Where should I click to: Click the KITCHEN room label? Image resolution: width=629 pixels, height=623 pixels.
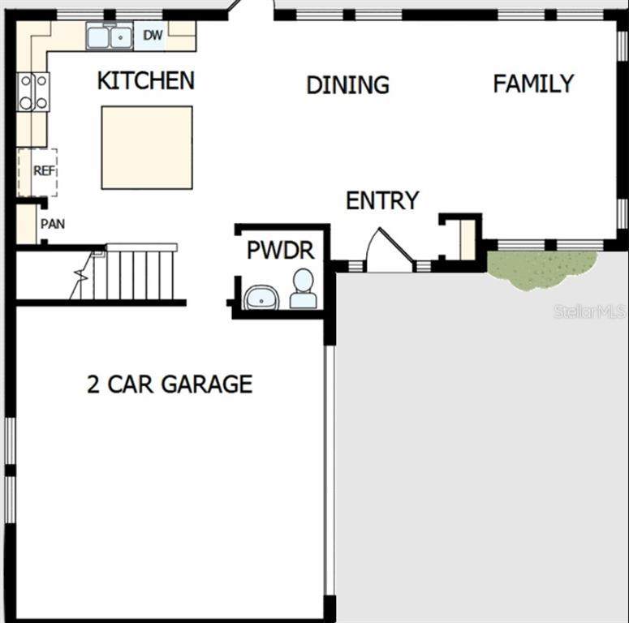[146, 80]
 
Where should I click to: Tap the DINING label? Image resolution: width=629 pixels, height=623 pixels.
[348, 85]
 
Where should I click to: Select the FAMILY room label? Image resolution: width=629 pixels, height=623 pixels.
[533, 84]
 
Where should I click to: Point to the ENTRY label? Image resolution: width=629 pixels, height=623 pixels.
[382, 200]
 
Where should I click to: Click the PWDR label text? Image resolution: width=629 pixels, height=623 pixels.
[280, 250]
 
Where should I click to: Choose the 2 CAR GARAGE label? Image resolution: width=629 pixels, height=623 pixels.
[170, 384]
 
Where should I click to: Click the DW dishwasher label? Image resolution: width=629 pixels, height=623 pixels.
[153, 35]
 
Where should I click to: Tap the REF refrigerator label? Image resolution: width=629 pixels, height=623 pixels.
[44, 171]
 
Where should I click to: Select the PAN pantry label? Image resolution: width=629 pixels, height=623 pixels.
[53, 224]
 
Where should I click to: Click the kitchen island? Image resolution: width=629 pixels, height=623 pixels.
[147, 148]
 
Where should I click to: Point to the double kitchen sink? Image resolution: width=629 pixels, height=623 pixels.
[110, 37]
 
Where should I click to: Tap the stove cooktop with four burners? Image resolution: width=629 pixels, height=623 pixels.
[33, 92]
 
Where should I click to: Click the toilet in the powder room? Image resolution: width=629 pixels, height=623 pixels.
[304, 289]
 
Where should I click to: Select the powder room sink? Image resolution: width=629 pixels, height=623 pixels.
[261, 298]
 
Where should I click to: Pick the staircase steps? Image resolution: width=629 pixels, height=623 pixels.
[135, 275]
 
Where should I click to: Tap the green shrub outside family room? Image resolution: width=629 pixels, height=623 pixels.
[541, 268]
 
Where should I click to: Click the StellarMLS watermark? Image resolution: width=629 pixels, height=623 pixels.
[589, 311]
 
